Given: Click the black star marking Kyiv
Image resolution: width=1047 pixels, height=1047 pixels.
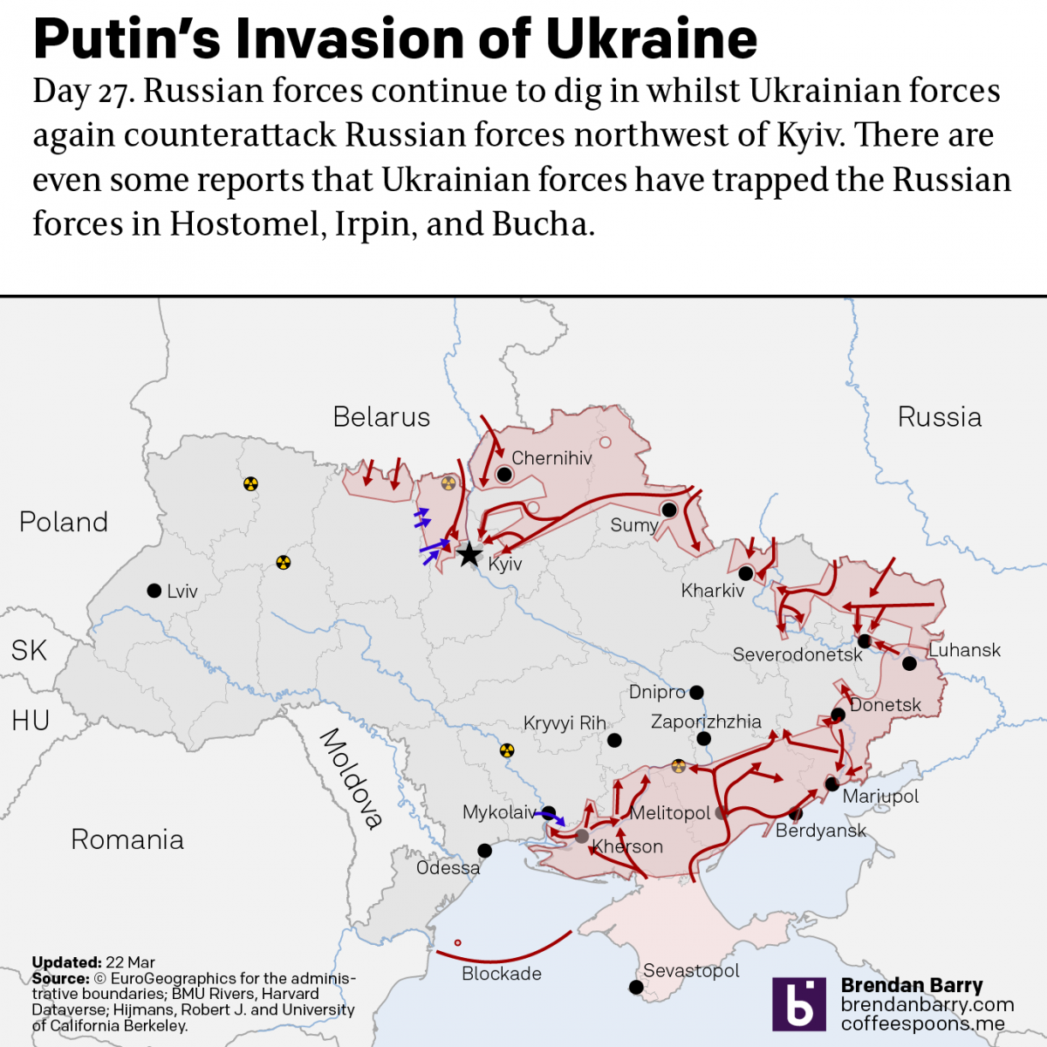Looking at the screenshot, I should pos(469,553).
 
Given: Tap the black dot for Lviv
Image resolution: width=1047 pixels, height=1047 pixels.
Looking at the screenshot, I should pos(154,591).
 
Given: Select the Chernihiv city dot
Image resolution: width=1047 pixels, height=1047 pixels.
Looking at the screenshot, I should pos(503,474).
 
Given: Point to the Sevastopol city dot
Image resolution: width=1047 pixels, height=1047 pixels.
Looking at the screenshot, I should pos(636,988).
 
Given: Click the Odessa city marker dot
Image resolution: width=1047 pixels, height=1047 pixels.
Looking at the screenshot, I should pos(484,851).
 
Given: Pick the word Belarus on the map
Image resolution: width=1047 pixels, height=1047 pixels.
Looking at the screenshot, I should pos(381,417).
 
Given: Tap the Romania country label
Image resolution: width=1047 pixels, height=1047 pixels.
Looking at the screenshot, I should pos(127,839).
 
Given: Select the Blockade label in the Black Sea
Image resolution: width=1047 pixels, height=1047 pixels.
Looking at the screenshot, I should pos(502,974).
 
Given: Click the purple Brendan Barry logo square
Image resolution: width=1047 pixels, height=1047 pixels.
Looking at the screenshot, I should pos(798,1003).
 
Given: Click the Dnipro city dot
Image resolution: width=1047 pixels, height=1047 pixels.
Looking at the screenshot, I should pos(696,693).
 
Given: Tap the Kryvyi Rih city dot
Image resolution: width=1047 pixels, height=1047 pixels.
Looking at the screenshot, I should pos(614,740).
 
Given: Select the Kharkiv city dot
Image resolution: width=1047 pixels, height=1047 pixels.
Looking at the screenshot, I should pos(745,573).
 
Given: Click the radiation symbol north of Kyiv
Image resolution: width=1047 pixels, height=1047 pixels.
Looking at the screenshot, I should pos(448,483).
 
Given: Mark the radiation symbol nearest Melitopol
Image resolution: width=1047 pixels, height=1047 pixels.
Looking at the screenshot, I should pos(679,766).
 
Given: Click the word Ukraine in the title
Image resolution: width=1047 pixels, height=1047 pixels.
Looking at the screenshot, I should pos(651,38).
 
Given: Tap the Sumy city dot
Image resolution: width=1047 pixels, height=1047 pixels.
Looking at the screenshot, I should pos(669,510).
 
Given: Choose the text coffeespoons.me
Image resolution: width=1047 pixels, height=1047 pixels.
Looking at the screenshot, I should pos(922,1023).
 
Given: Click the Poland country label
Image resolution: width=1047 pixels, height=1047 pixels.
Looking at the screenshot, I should pos(64,522).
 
